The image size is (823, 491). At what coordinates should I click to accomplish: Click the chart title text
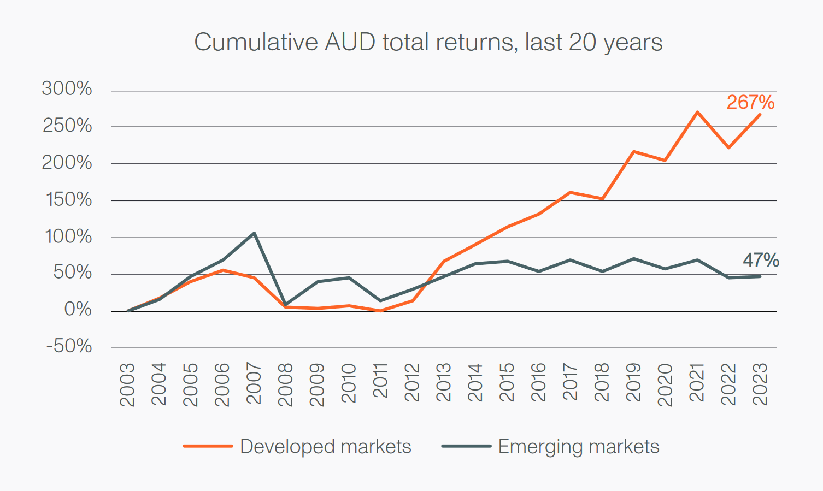point(428,43)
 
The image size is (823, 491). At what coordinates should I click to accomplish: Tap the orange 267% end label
point(750,102)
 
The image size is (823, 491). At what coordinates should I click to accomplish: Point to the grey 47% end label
point(761,260)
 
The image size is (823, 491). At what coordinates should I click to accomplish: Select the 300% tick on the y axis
point(67,88)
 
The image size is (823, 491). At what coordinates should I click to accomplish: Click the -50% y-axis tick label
point(69,346)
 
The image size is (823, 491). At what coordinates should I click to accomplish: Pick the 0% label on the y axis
point(78,310)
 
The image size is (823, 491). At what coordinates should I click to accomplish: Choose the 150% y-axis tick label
point(67,199)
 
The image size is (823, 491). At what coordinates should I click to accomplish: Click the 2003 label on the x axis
point(127,384)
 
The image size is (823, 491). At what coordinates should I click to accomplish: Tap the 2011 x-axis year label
point(380,381)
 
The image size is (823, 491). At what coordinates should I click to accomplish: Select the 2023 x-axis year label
point(760,384)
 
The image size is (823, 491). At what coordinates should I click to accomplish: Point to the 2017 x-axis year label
point(570,382)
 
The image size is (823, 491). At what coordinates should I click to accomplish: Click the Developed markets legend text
point(325,447)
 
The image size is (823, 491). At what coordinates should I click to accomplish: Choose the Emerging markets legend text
point(578,447)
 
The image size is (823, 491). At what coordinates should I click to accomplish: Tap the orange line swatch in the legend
point(208,446)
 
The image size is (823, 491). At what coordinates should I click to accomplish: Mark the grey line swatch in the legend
point(466,446)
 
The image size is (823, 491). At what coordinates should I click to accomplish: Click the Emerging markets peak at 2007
point(254,233)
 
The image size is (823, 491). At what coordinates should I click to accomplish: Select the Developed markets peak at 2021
point(697,112)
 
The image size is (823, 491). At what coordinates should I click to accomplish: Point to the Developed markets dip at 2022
point(729,147)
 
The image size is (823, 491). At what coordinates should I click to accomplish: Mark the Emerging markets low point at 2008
point(285,304)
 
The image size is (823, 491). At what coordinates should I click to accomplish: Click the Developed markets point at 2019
point(633,151)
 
